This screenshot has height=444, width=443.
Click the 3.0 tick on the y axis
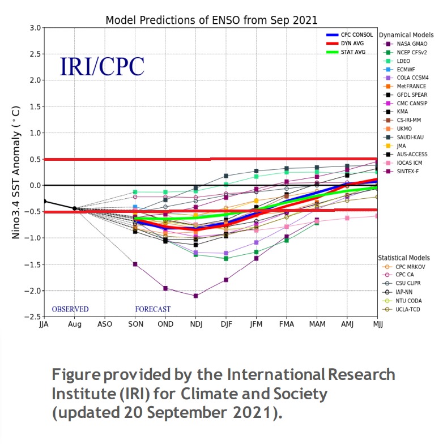(x=34, y=28)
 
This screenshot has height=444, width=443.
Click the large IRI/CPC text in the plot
(x=102, y=66)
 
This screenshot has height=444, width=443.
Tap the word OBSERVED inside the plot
(x=70, y=309)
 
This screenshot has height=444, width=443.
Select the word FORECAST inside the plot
(x=152, y=309)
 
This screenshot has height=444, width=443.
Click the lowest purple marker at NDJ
(x=195, y=296)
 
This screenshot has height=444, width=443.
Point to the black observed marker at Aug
(x=74, y=208)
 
